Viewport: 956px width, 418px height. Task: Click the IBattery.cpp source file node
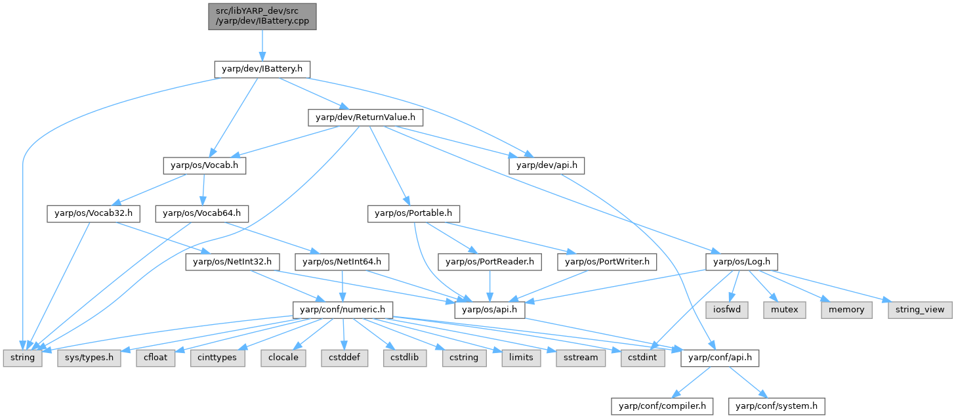pos(262,16)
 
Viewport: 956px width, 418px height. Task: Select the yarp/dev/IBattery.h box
pos(262,68)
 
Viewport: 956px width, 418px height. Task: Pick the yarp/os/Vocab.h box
pos(204,165)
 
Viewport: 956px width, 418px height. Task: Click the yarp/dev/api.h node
pos(547,165)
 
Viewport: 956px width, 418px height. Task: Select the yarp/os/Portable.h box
pos(413,213)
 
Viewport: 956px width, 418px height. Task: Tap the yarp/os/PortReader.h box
pos(490,262)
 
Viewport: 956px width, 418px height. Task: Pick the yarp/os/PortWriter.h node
pos(607,262)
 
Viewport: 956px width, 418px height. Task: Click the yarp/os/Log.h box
pos(741,262)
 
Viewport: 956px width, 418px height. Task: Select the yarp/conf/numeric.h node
pos(342,310)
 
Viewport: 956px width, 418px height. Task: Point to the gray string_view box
pos(917,310)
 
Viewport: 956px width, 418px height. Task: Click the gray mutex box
pos(784,310)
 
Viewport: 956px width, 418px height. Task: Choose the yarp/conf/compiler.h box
pos(662,406)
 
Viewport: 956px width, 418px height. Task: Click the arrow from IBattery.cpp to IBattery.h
pos(262,45)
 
